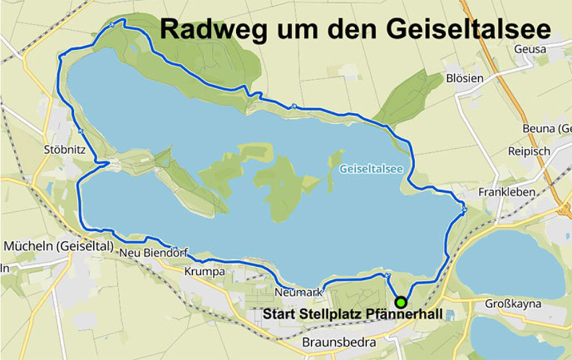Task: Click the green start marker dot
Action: [x=401, y=302]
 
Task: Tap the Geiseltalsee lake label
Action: [x=371, y=169]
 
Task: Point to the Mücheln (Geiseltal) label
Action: [x=58, y=246]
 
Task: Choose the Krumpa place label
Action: [x=204, y=271]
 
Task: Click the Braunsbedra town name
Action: [x=339, y=342]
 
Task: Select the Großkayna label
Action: [x=513, y=303]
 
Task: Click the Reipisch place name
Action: [x=529, y=151]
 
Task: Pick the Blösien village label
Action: [x=465, y=78]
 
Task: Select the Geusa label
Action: [x=530, y=49]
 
